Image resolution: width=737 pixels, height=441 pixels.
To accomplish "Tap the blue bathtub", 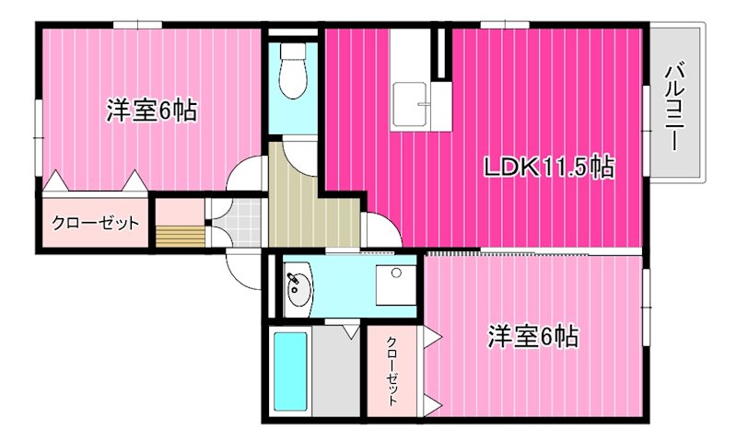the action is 290,370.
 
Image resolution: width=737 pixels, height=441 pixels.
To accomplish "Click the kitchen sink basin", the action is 409,105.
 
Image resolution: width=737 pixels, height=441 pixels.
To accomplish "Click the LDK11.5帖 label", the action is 548,167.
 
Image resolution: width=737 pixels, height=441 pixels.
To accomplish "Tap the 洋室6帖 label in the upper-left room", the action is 151,110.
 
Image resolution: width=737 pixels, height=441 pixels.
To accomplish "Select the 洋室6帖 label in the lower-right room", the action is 532,336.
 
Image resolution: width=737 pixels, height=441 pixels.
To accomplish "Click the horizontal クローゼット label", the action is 96,223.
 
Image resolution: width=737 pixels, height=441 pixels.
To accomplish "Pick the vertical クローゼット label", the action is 392,370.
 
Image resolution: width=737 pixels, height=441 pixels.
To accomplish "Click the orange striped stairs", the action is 181,237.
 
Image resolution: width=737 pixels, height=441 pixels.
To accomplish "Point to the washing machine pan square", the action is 396,285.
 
